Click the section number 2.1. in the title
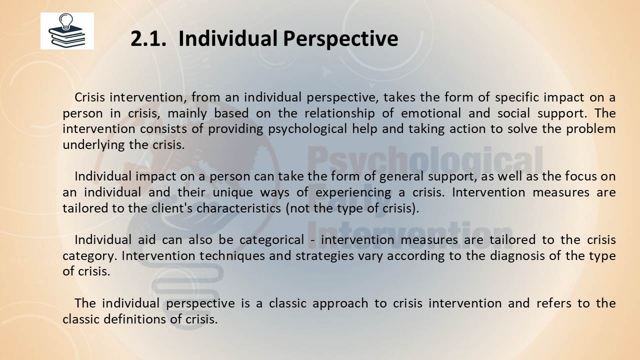pyautogui.click(x=148, y=38)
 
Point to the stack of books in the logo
pyautogui.click(x=67, y=36)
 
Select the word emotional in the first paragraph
pyautogui.click(x=431, y=113)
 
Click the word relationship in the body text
pyautogui.click(x=339, y=113)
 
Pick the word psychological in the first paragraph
pyautogui.click(x=307, y=129)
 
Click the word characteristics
pyautogui.click(x=239, y=208)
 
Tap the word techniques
pyautogui.click(x=232, y=256)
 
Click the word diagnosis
pyautogui.click(x=517, y=256)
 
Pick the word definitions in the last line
pyautogui.click(x=134, y=319)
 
